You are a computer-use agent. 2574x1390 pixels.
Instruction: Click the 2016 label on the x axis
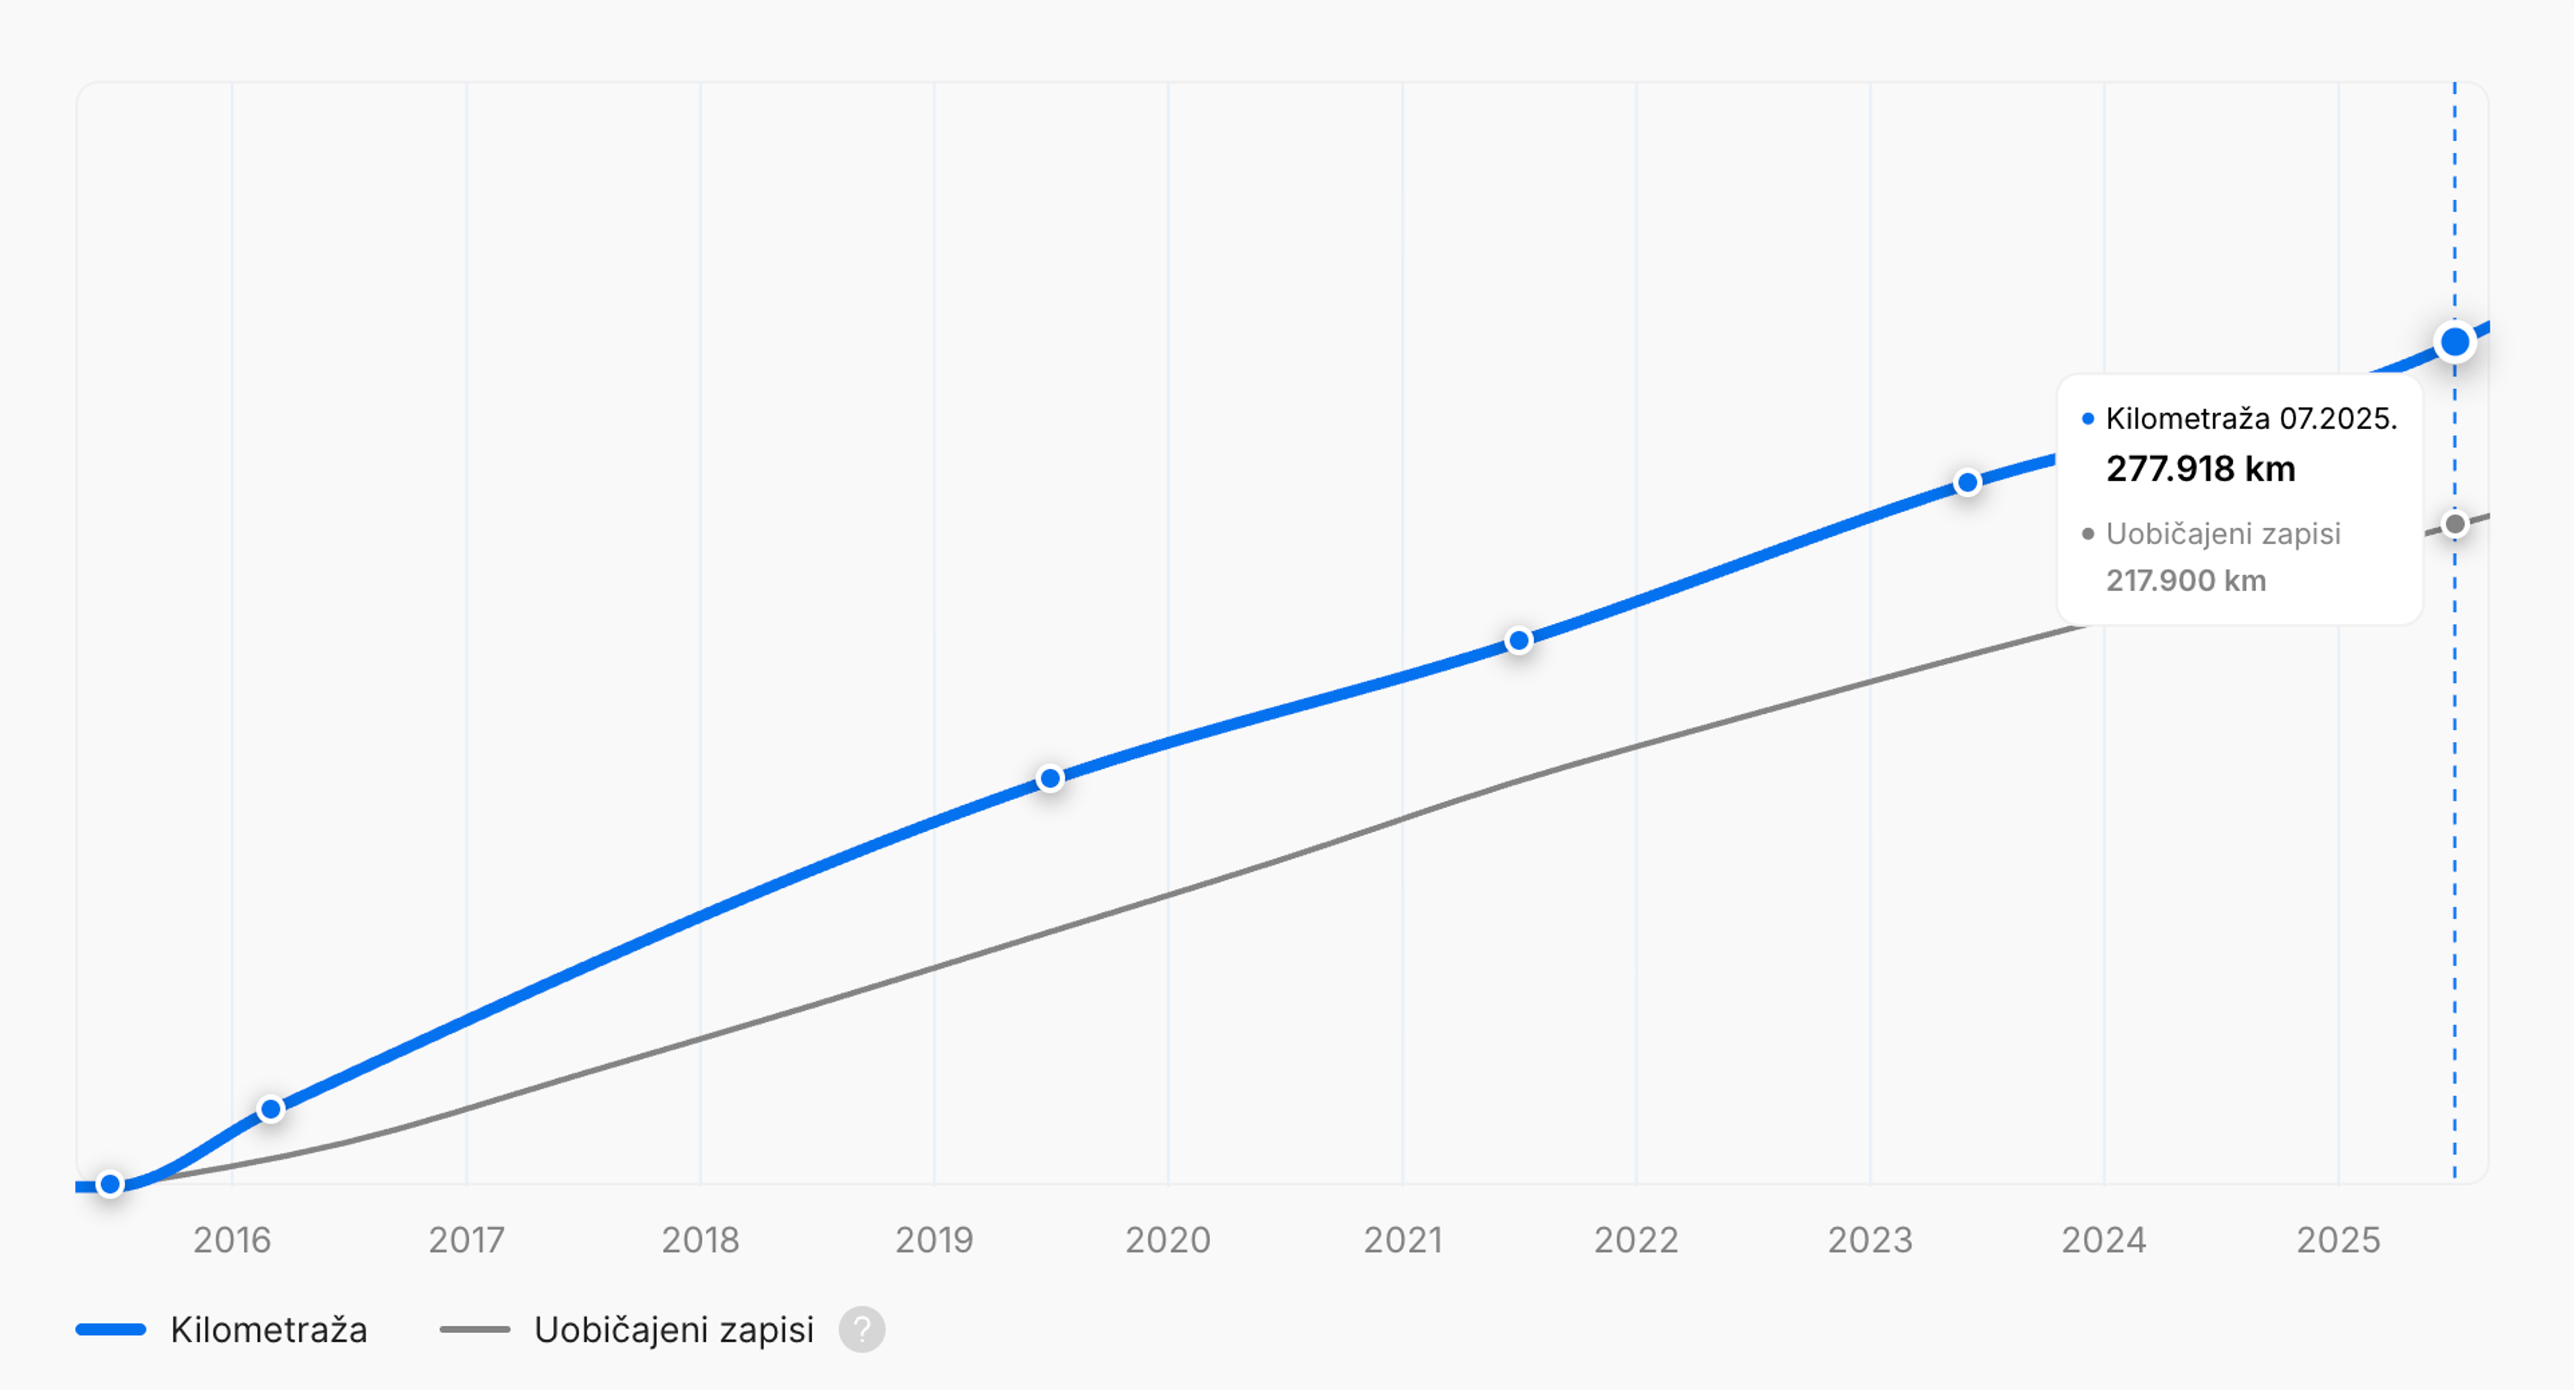[x=232, y=1239]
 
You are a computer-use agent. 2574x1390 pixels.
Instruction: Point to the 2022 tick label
[x=1636, y=1239]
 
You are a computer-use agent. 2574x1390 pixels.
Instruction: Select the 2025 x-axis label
[x=2338, y=1239]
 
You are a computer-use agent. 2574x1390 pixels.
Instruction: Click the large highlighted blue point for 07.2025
[x=2454, y=342]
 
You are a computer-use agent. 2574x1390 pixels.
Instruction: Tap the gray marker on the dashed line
[x=2454, y=525]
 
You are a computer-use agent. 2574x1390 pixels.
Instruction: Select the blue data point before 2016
[x=111, y=1184]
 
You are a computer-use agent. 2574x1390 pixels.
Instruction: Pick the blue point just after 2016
[x=271, y=1109]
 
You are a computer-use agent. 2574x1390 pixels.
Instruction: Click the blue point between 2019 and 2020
[x=1050, y=778]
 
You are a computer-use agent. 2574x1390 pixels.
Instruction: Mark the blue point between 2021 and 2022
[x=1519, y=641]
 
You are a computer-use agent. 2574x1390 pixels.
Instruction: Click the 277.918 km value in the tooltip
[x=2200, y=468]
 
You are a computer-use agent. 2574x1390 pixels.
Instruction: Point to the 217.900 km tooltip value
[x=2185, y=580]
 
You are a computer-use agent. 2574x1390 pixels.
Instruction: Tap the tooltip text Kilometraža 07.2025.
[x=2250, y=419]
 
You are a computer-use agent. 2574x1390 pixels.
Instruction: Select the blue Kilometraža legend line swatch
[x=111, y=1329]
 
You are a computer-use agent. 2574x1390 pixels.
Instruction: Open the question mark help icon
[x=861, y=1329]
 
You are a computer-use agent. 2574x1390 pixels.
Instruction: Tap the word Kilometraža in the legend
[x=269, y=1329]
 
